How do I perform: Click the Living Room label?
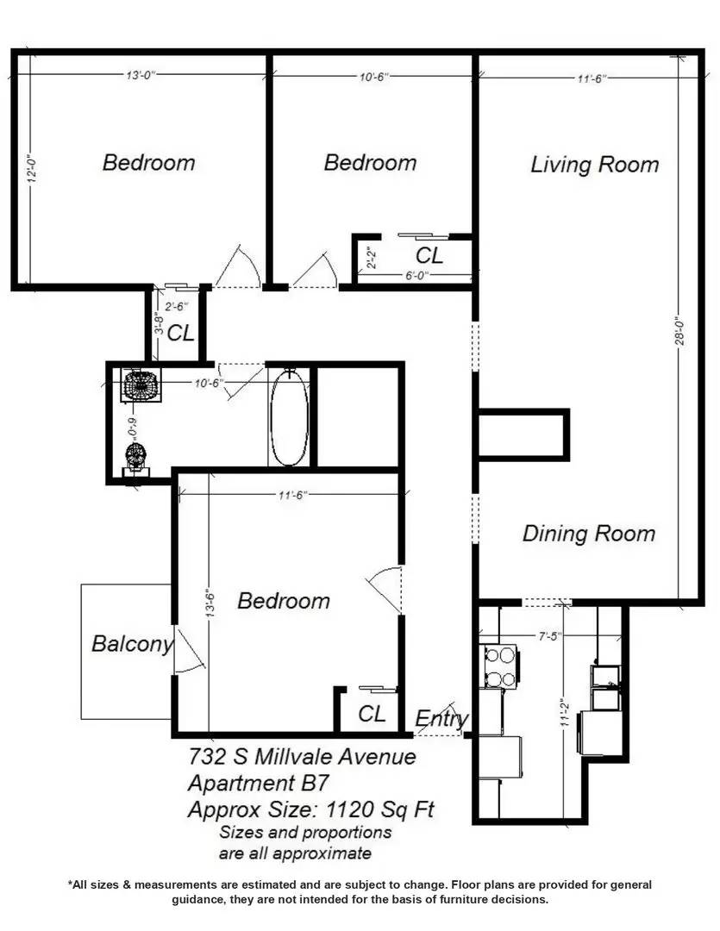[x=594, y=165]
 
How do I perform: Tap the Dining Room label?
[x=589, y=534]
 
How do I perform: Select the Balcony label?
[x=132, y=644]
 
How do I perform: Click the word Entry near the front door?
[x=441, y=719]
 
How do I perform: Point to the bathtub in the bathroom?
[x=289, y=416]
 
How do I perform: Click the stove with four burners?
[x=501, y=665]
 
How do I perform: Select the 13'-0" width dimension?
[x=139, y=76]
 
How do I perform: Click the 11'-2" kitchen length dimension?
[x=563, y=713]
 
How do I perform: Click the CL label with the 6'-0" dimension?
[x=429, y=256]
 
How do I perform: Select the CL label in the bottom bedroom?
[x=372, y=714]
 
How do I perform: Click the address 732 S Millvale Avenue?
[x=302, y=757]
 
